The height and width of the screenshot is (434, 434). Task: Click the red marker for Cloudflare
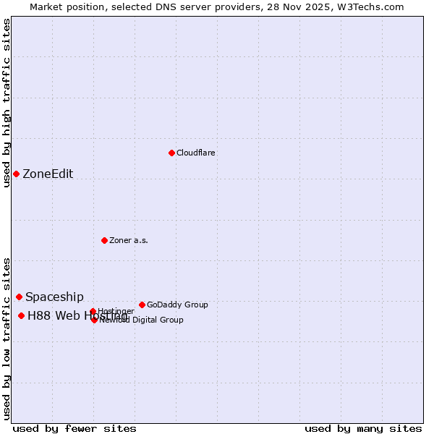(171, 153)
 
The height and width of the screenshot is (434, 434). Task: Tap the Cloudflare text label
(196, 153)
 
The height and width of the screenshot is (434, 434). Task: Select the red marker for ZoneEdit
(16, 174)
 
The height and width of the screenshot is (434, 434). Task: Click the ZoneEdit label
(48, 174)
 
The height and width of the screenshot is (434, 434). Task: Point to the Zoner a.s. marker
(104, 240)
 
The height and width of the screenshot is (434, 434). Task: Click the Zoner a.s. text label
(129, 240)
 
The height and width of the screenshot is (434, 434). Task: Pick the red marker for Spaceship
(19, 297)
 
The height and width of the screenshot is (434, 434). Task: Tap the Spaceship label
(54, 297)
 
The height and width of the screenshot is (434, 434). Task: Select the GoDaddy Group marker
(142, 305)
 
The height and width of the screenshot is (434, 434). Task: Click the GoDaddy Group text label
(177, 305)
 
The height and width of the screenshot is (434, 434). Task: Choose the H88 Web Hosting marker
(21, 315)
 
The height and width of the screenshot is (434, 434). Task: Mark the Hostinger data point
(93, 312)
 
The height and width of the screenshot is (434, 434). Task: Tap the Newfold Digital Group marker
(94, 320)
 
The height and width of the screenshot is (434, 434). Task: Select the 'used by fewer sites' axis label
(75, 428)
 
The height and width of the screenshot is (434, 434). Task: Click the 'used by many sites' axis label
(363, 428)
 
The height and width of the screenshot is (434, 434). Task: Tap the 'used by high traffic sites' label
(7, 103)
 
